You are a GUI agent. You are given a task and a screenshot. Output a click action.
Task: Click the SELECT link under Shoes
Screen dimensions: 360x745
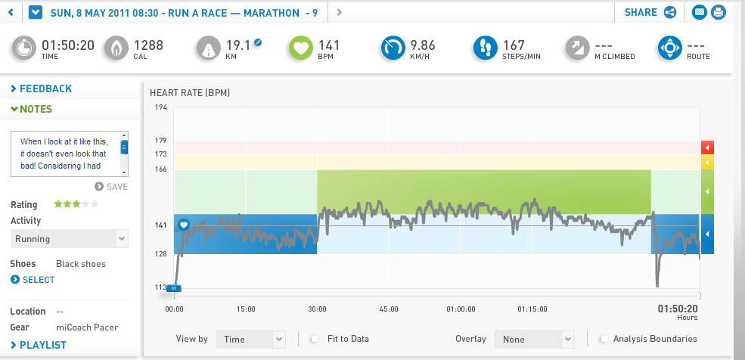coord(33,280)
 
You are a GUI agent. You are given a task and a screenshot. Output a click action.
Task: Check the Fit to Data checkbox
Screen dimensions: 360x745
coord(314,340)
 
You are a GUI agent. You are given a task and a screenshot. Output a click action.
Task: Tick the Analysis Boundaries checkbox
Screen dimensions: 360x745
coord(604,340)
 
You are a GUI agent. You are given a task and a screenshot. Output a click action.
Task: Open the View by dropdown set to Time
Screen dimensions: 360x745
coord(250,340)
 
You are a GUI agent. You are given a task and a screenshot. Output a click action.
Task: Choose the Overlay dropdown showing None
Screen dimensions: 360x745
coord(534,340)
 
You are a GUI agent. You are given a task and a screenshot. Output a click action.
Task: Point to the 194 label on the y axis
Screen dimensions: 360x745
coord(160,108)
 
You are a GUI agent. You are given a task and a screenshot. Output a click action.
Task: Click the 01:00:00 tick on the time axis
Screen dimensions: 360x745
coord(460,309)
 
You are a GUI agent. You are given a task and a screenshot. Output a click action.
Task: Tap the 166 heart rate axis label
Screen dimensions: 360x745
coord(160,169)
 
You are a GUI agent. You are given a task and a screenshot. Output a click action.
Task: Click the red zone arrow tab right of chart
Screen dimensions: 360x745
coord(707,147)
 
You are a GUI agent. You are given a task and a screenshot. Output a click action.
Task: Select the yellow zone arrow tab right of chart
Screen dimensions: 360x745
coord(707,162)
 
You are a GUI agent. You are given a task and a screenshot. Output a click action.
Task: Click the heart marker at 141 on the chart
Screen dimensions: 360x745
coord(183,225)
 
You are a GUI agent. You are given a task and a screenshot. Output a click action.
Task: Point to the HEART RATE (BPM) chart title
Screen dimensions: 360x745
coord(190,93)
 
